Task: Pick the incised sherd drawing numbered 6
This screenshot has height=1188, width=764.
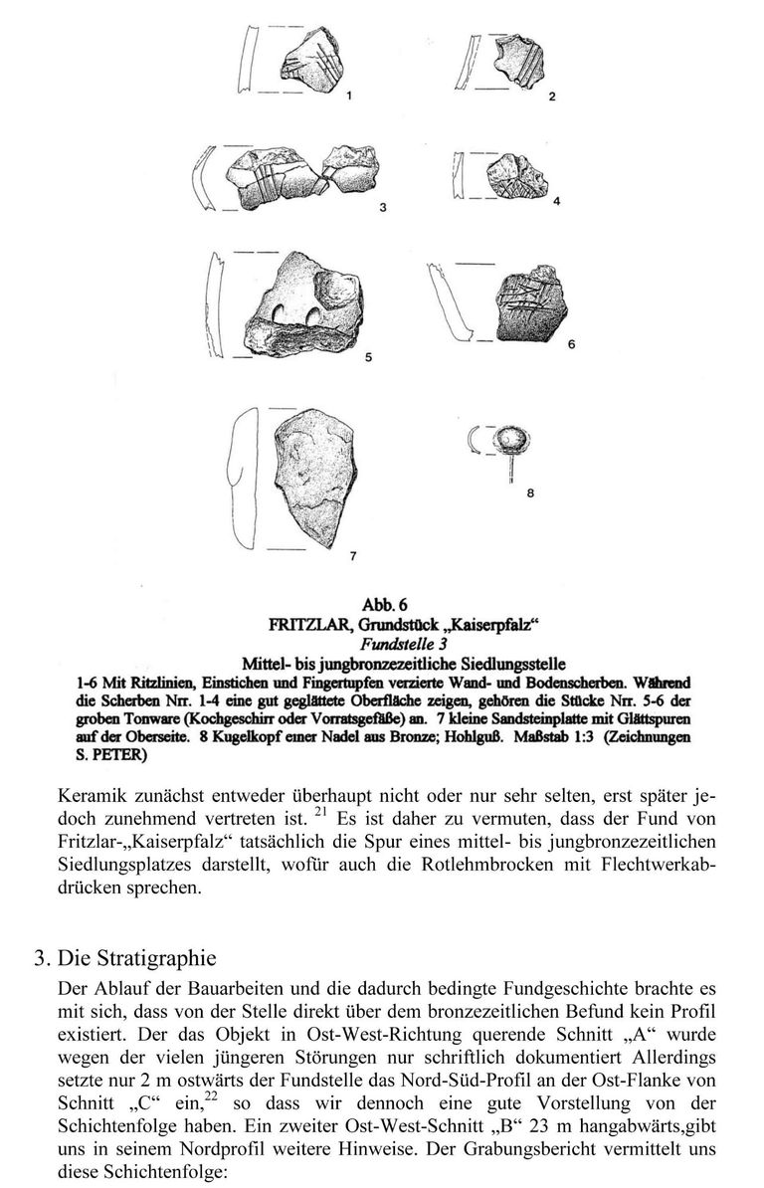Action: [529, 304]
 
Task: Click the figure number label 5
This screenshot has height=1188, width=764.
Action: [368, 358]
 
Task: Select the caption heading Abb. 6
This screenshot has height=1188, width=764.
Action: [381, 604]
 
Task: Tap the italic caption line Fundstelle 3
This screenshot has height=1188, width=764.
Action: [381, 644]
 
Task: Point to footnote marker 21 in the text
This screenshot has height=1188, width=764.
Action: [320, 814]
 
